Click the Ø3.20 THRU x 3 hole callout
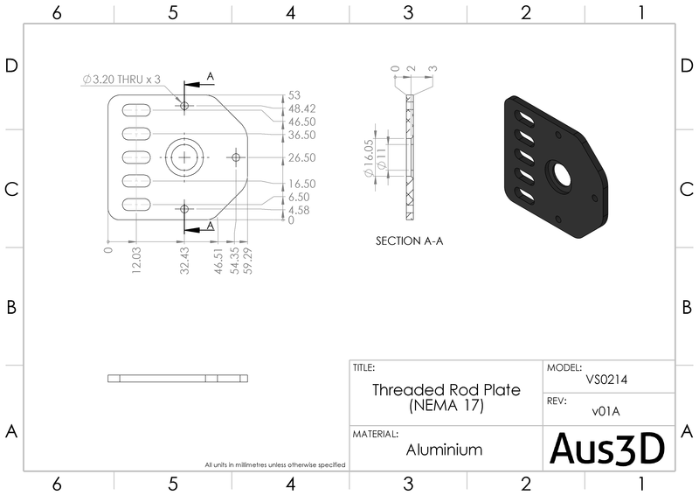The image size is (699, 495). [x=121, y=80]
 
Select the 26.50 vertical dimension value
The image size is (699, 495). [x=301, y=157]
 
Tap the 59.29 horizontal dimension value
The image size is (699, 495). [x=248, y=261]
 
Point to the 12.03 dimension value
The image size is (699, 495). [x=136, y=261]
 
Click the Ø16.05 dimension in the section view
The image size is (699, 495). [x=368, y=158]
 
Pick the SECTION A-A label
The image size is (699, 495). [x=409, y=241]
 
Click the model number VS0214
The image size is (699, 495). [x=606, y=380]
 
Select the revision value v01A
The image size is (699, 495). [x=606, y=411]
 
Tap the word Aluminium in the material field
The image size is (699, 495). [x=444, y=450]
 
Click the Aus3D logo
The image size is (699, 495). [x=607, y=448]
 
